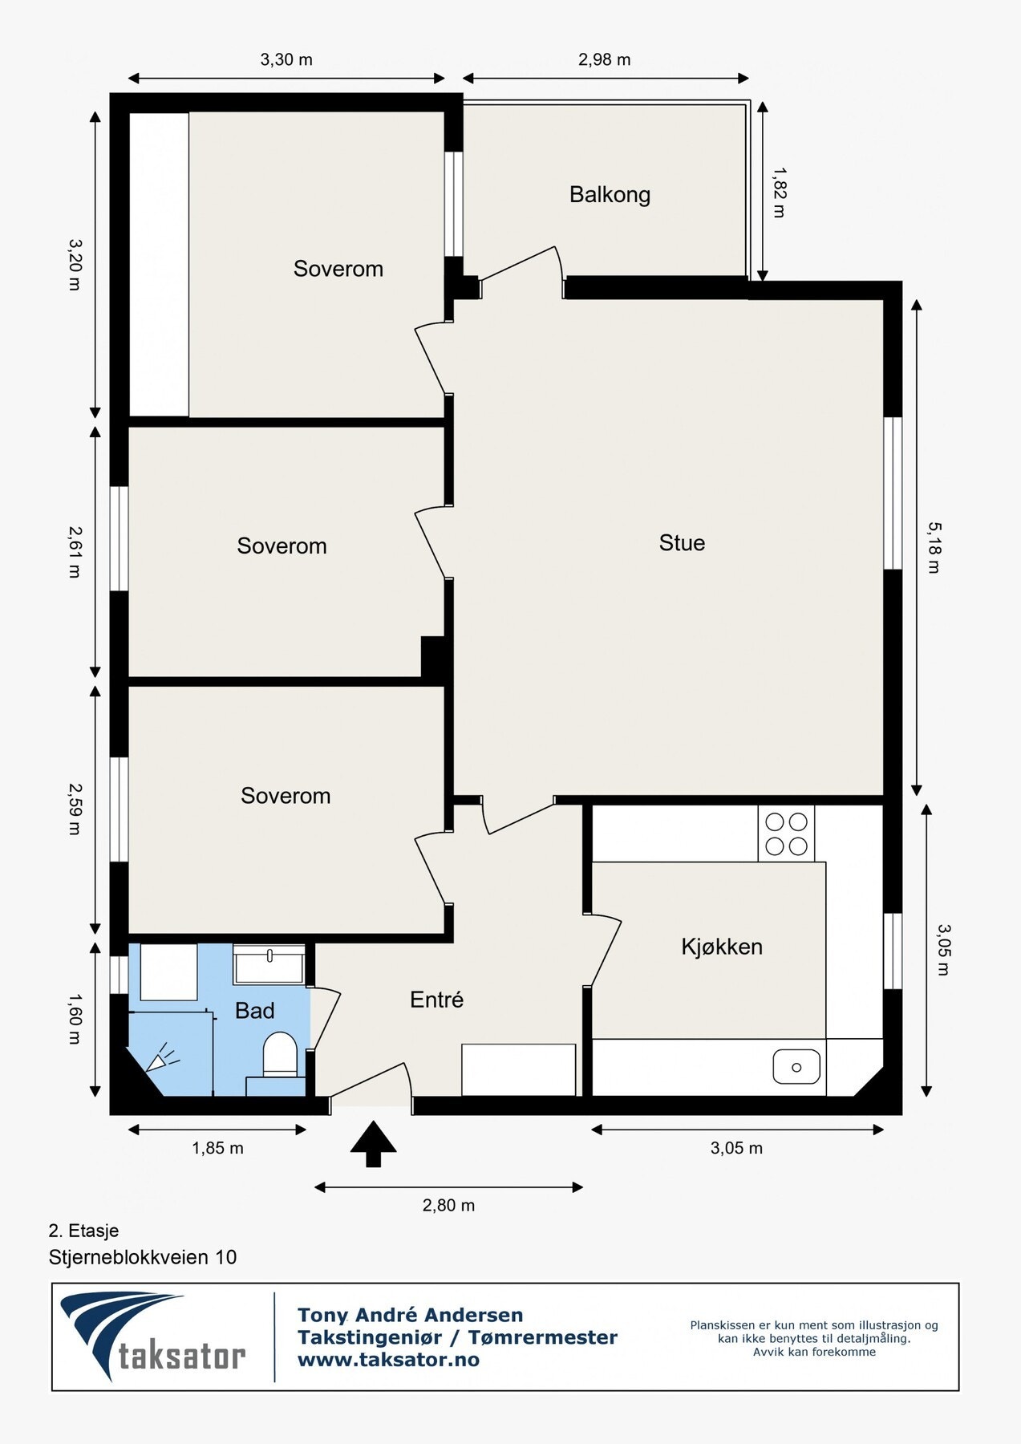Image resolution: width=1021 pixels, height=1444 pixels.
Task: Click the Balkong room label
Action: [610, 195]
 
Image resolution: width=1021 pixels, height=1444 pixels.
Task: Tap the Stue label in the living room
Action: [682, 543]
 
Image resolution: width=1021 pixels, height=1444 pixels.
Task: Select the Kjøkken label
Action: [722, 947]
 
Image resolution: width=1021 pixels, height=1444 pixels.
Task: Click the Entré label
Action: [436, 1000]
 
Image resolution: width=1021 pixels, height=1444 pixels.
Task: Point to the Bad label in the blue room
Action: [255, 1011]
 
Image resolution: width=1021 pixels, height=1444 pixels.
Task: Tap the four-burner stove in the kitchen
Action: [786, 834]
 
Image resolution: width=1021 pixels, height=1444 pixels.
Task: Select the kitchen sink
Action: [796, 1067]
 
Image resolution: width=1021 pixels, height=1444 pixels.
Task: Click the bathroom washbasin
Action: [269, 964]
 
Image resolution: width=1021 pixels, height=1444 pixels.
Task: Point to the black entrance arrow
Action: [374, 1144]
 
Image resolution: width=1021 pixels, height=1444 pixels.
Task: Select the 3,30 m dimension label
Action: [286, 59]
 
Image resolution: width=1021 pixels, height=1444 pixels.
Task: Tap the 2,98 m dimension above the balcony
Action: [604, 59]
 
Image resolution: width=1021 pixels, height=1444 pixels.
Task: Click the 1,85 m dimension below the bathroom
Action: [217, 1148]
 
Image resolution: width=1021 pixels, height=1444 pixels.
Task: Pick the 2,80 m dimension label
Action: [448, 1205]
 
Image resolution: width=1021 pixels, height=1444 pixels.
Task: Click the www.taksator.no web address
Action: [388, 1360]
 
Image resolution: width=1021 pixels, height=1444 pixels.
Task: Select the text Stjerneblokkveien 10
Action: [143, 1257]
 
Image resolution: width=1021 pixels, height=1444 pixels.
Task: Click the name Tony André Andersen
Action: [410, 1315]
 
